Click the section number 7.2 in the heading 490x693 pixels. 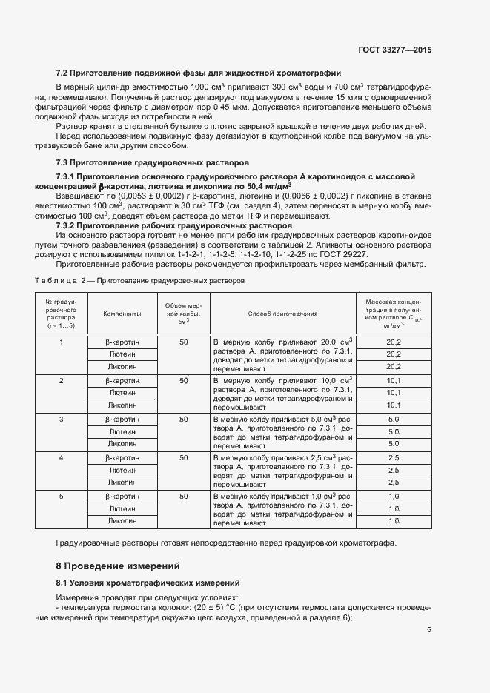click(62, 73)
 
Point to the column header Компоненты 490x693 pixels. click(122, 314)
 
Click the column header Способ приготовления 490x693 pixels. click(282, 314)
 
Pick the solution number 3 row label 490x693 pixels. click(62, 420)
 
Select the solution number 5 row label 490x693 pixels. click(62, 496)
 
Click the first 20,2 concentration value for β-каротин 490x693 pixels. click(394, 342)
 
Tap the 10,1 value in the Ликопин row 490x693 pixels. click(394, 405)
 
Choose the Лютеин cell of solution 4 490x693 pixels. click(122, 471)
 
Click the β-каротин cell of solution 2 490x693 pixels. click(122, 380)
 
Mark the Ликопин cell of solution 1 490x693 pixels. click(122, 367)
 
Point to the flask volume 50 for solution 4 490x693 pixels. click(183, 458)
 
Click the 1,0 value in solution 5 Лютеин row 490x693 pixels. click(394, 508)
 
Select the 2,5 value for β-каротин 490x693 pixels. click(394, 458)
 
